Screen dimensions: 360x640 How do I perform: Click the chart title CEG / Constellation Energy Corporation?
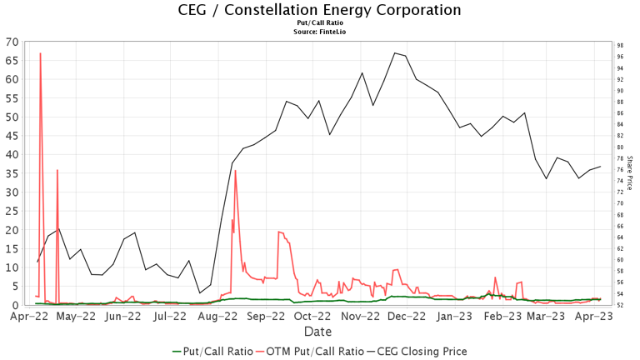[319, 10]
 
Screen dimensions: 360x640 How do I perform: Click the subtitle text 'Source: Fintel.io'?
[319, 32]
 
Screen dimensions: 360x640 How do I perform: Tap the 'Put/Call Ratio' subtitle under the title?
[319, 24]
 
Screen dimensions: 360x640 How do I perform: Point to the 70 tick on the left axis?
[12, 42]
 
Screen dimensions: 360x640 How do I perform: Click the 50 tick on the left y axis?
[12, 117]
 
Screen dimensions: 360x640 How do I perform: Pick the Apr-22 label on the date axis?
[29, 317]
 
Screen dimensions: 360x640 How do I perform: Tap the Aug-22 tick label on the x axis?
[219, 317]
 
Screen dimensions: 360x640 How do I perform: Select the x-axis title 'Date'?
[319, 332]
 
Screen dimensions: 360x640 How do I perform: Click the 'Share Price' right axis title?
[630, 173]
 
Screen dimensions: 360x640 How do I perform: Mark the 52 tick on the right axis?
[621, 305]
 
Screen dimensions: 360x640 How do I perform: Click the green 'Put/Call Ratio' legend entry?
[212, 352]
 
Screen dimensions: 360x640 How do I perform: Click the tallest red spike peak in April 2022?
[40, 53]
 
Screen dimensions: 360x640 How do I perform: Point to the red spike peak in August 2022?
[236, 171]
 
